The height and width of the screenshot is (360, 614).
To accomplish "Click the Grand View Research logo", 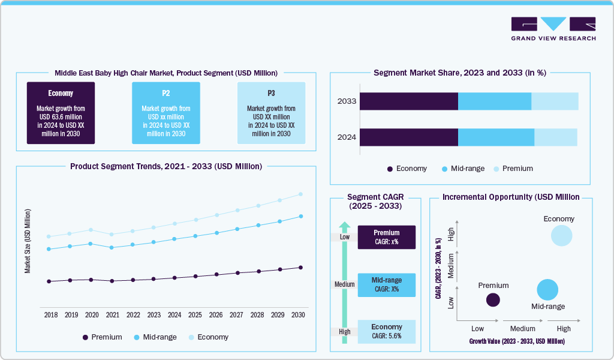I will click(553, 29).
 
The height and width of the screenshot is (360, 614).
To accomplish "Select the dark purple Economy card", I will click(61, 113).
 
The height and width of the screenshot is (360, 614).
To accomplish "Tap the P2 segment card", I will click(166, 113).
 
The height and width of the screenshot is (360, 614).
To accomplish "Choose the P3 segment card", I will click(271, 113).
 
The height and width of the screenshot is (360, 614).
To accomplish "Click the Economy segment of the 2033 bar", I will click(409, 101).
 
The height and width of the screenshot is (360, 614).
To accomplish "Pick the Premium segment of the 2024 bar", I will click(555, 137).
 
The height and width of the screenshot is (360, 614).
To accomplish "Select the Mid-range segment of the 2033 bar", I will click(495, 101).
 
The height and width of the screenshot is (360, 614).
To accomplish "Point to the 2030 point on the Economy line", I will click(300, 194).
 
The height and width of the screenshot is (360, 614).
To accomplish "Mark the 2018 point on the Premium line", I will click(49, 281).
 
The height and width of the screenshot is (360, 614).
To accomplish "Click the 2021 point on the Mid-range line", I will click(112, 247).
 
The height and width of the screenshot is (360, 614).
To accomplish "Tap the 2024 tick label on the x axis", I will click(174, 315).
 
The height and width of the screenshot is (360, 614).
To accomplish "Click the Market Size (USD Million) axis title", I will click(28, 241).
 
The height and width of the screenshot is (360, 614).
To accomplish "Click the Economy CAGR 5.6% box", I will click(386, 331).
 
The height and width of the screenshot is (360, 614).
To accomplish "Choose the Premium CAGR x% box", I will click(386, 237).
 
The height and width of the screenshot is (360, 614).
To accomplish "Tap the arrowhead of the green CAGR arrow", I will click(344, 226).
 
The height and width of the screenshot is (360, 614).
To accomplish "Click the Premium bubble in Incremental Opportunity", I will click(493, 300).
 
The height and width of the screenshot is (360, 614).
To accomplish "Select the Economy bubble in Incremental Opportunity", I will click(561, 235).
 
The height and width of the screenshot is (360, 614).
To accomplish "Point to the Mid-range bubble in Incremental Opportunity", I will click(547, 290).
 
